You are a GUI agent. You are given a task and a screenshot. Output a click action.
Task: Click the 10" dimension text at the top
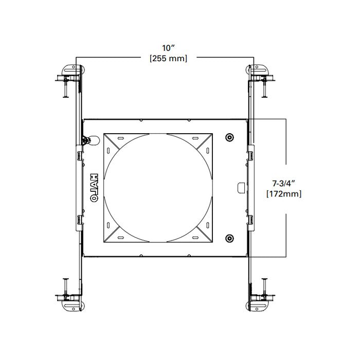click(168, 48)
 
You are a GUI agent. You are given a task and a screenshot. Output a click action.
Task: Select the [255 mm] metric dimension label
click(168, 59)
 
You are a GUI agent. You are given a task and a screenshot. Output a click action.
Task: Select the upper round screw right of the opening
click(229, 137)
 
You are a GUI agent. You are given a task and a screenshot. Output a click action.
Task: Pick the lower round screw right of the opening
click(229, 238)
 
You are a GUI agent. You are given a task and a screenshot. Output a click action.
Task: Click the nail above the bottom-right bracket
click(264, 285)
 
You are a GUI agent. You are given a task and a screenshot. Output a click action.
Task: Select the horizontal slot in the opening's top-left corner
click(119, 139)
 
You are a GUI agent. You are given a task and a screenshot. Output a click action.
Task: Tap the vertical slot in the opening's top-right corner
click(205, 150)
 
